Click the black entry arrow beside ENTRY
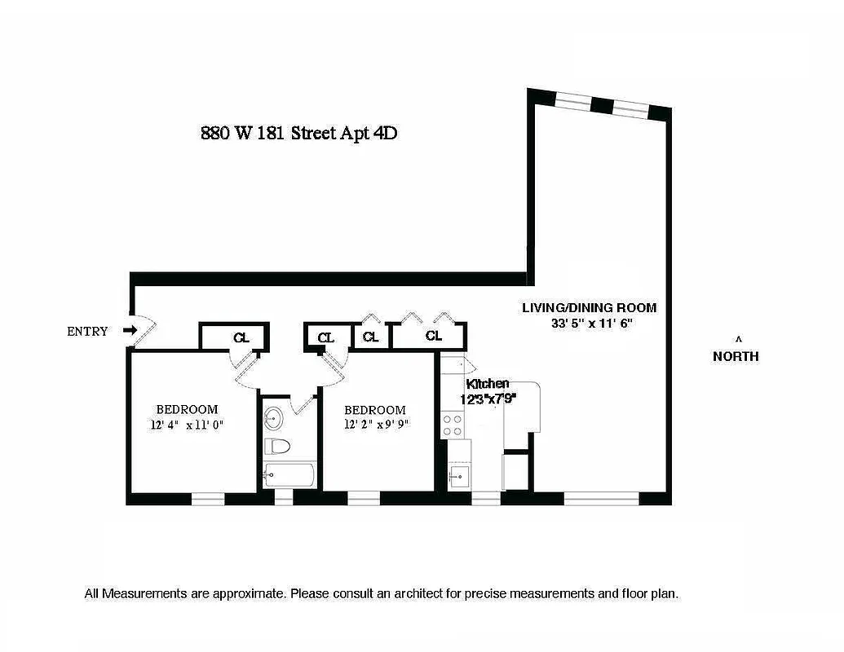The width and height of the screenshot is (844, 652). pyautogui.click(x=129, y=330)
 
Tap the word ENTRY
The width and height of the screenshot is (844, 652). pyautogui.click(x=87, y=331)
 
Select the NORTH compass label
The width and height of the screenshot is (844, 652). pyautogui.click(x=736, y=356)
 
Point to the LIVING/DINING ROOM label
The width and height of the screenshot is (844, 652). pyautogui.click(x=590, y=308)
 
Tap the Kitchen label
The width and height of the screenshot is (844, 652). pyautogui.click(x=488, y=384)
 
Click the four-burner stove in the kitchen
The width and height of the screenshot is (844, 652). pyautogui.click(x=453, y=425)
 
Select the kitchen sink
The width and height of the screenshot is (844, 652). pyautogui.click(x=458, y=476)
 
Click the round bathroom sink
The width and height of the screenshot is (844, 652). pyautogui.click(x=274, y=418)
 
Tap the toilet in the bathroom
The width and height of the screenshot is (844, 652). pyautogui.click(x=277, y=446)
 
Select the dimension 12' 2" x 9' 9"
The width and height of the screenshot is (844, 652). pyautogui.click(x=376, y=425)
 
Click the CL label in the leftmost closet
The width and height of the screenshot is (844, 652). pyautogui.click(x=241, y=337)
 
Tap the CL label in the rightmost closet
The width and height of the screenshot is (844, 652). pyautogui.click(x=433, y=336)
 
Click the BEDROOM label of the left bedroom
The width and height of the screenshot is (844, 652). pyautogui.click(x=187, y=409)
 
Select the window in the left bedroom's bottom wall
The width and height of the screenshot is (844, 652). pyautogui.click(x=207, y=497)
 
